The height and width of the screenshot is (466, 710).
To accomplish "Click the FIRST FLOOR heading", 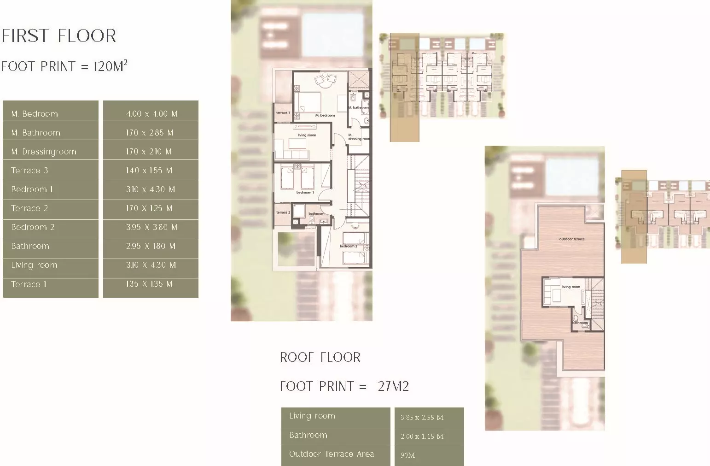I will pyautogui.click(x=59, y=36).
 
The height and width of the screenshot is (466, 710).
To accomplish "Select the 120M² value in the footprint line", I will pyautogui.click(x=110, y=66).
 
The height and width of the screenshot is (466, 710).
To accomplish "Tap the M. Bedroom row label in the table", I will pyautogui.click(x=35, y=113).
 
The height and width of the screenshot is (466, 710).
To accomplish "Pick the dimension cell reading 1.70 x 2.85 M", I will pyautogui.click(x=150, y=133).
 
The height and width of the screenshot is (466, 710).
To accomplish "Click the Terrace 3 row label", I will pyautogui.click(x=29, y=171).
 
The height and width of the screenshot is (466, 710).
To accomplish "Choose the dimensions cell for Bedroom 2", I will pyautogui.click(x=151, y=227).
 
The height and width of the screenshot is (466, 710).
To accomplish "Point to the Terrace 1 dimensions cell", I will pyautogui.click(x=149, y=284).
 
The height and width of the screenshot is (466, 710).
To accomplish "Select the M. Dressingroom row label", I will pyautogui.click(x=44, y=152).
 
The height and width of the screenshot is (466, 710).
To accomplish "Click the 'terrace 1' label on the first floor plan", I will pyautogui.click(x=283, y=112).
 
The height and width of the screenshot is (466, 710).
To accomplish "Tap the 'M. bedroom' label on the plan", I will pyautogui.click(x=325, y=115).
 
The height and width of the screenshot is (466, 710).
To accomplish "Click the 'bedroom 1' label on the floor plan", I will pyautogui.click(x=305, y=192).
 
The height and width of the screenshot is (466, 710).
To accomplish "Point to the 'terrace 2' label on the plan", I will pyautogui.click(x=283, y=212).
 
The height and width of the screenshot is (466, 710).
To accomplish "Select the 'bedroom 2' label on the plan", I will pyautogui.click(x=349, y=246).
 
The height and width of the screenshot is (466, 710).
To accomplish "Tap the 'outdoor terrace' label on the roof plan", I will pyautogui.click(x=571, y=239).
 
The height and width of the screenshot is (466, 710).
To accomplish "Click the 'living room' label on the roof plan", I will pyautogui.click(x=570, y=287).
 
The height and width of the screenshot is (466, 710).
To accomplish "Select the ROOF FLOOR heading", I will pyautogui.click(x=320, y=357).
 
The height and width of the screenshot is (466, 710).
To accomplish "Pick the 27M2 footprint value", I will pyautogui.click(x=393, y=386).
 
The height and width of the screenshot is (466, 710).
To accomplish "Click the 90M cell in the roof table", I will pyautogui.click(x=407, y=455).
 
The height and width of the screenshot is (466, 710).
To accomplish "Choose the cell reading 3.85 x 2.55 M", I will pyautogui.click(x=422, y=418).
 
